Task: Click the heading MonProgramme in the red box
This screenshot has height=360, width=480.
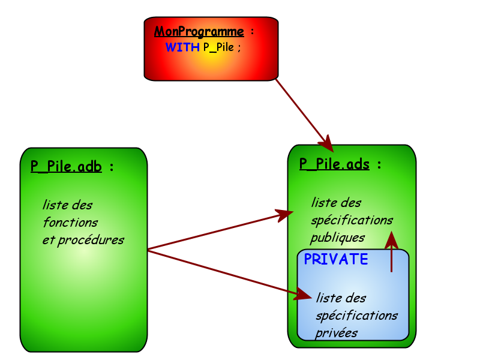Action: coord(199,32)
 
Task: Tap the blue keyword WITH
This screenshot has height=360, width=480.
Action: coord(182,47)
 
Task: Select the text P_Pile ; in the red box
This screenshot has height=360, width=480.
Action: coord(222,47)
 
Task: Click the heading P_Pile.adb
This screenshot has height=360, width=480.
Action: coord(66,167)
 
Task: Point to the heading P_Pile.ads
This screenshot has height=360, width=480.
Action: coord(334,164)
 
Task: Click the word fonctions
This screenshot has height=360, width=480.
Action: coord(70,223)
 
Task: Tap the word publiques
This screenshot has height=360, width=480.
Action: coord(337,238)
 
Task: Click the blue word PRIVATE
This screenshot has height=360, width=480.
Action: coord(335,259)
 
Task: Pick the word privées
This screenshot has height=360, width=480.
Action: coord(336,332)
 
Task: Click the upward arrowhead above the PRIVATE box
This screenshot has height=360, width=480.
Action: coord(391,239)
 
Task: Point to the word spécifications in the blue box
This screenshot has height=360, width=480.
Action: coord(356,316)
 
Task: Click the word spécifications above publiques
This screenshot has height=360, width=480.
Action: coord(352,220)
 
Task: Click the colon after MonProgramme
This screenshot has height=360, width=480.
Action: coord(252,32)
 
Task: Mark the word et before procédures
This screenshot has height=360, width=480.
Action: coord(47,240)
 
